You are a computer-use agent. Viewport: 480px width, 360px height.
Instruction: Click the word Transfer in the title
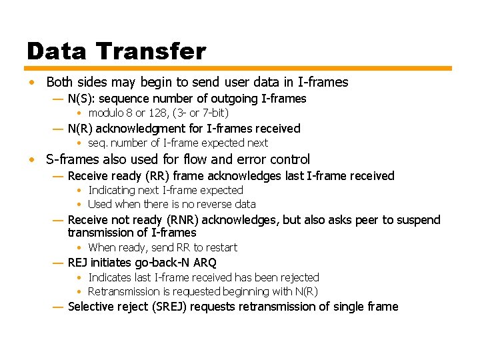(151, 51)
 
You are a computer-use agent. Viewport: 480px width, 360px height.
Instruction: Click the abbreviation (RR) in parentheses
(155, 176)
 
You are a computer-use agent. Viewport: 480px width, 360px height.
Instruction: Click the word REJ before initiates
(77, 263)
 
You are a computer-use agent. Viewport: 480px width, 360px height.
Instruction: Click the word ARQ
(204, 263)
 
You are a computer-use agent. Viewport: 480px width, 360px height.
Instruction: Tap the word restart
(220, 247)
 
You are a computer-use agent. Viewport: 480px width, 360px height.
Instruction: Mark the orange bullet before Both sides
(31, 83)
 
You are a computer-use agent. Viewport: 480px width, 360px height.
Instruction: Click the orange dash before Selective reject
(57, 307)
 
